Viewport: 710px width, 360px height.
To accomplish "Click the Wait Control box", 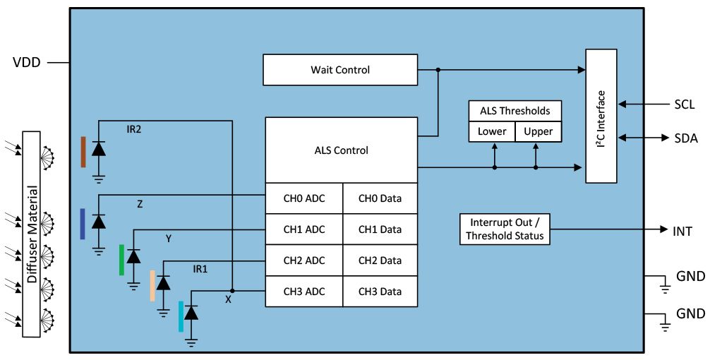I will (x=339, y=70).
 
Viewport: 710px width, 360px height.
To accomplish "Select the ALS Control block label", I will (x=341, y=150).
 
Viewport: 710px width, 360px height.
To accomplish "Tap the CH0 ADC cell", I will (x=303, y=198).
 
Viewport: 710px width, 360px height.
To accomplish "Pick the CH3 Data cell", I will (x=380, y=292).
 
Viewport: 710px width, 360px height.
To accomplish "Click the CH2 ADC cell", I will (x=303, y=260).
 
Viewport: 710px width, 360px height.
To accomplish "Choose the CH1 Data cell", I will (x=380, y=229).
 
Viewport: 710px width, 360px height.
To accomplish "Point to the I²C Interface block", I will (x=601, y=116).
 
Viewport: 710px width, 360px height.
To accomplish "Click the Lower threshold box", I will (x=492, y=131).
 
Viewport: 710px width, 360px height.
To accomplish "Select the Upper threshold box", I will (x=538, y=131).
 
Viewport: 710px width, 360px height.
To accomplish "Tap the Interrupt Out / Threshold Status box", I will (x=505, y=229).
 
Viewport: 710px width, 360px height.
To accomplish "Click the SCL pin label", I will (x=684, y=104).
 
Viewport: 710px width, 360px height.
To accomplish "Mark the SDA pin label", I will (x=685, y=138).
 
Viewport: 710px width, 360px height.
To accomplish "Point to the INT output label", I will (x=682, y=230).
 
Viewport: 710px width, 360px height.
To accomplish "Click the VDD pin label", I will (x=27, y=63).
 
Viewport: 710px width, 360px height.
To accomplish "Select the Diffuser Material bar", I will (x=32, y=234).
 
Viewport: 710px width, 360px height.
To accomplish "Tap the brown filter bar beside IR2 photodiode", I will (x=83, y=152).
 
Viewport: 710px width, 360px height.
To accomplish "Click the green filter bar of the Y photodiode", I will (x=121, y=259).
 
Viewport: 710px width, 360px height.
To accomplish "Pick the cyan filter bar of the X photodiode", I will (x=181, y=316).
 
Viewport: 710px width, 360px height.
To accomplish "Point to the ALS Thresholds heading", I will (x=515, y=111).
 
